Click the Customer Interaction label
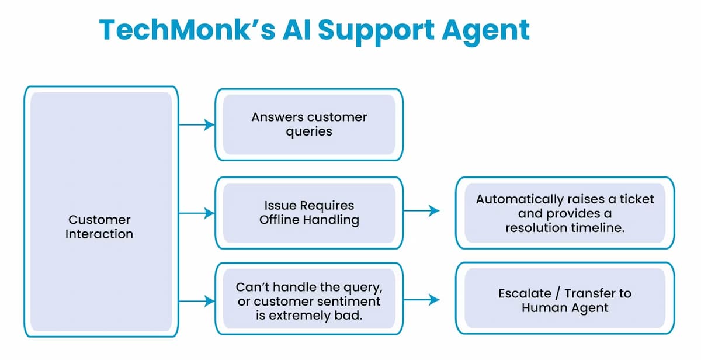99,227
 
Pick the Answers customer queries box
309,124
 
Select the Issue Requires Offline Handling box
309,213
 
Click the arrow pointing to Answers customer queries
196,124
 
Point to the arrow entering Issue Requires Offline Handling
196,213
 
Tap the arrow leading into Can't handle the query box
196,302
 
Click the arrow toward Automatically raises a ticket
421,210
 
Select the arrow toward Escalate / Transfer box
421,300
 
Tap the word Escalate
525,293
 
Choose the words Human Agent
565,307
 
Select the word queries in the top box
309,131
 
